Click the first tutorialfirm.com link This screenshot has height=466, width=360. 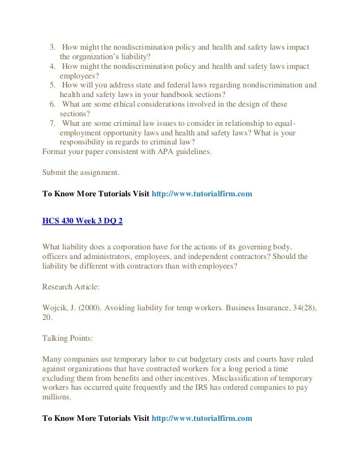pyautogui.click(x=201, y=194)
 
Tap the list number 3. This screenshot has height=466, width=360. pyautogui.click(x=51, y=46)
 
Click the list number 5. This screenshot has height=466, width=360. pyautogui.click(x=51, y=85)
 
